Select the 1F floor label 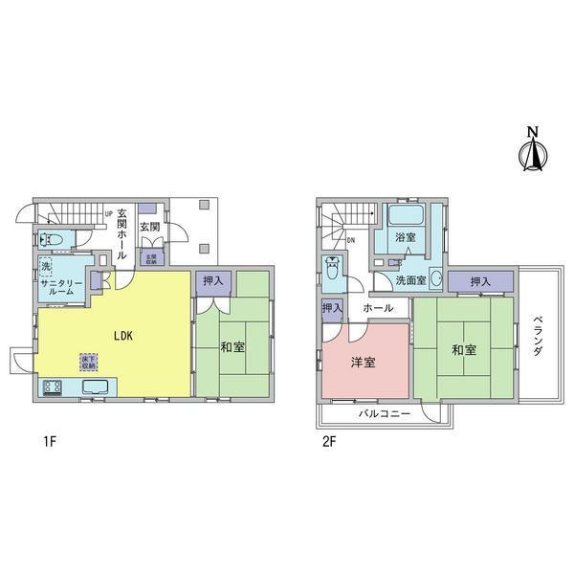click(x=51, y=443)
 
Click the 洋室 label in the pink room click(x=363, y=363)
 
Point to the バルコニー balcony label click(x=385, y=415)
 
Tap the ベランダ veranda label click(x=538, y=337)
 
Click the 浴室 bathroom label click(x=407, y=235)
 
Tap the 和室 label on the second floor click(x=464, y=350)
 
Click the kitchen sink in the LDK click(x=97, y=387)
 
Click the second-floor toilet click(x=332, y=269)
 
